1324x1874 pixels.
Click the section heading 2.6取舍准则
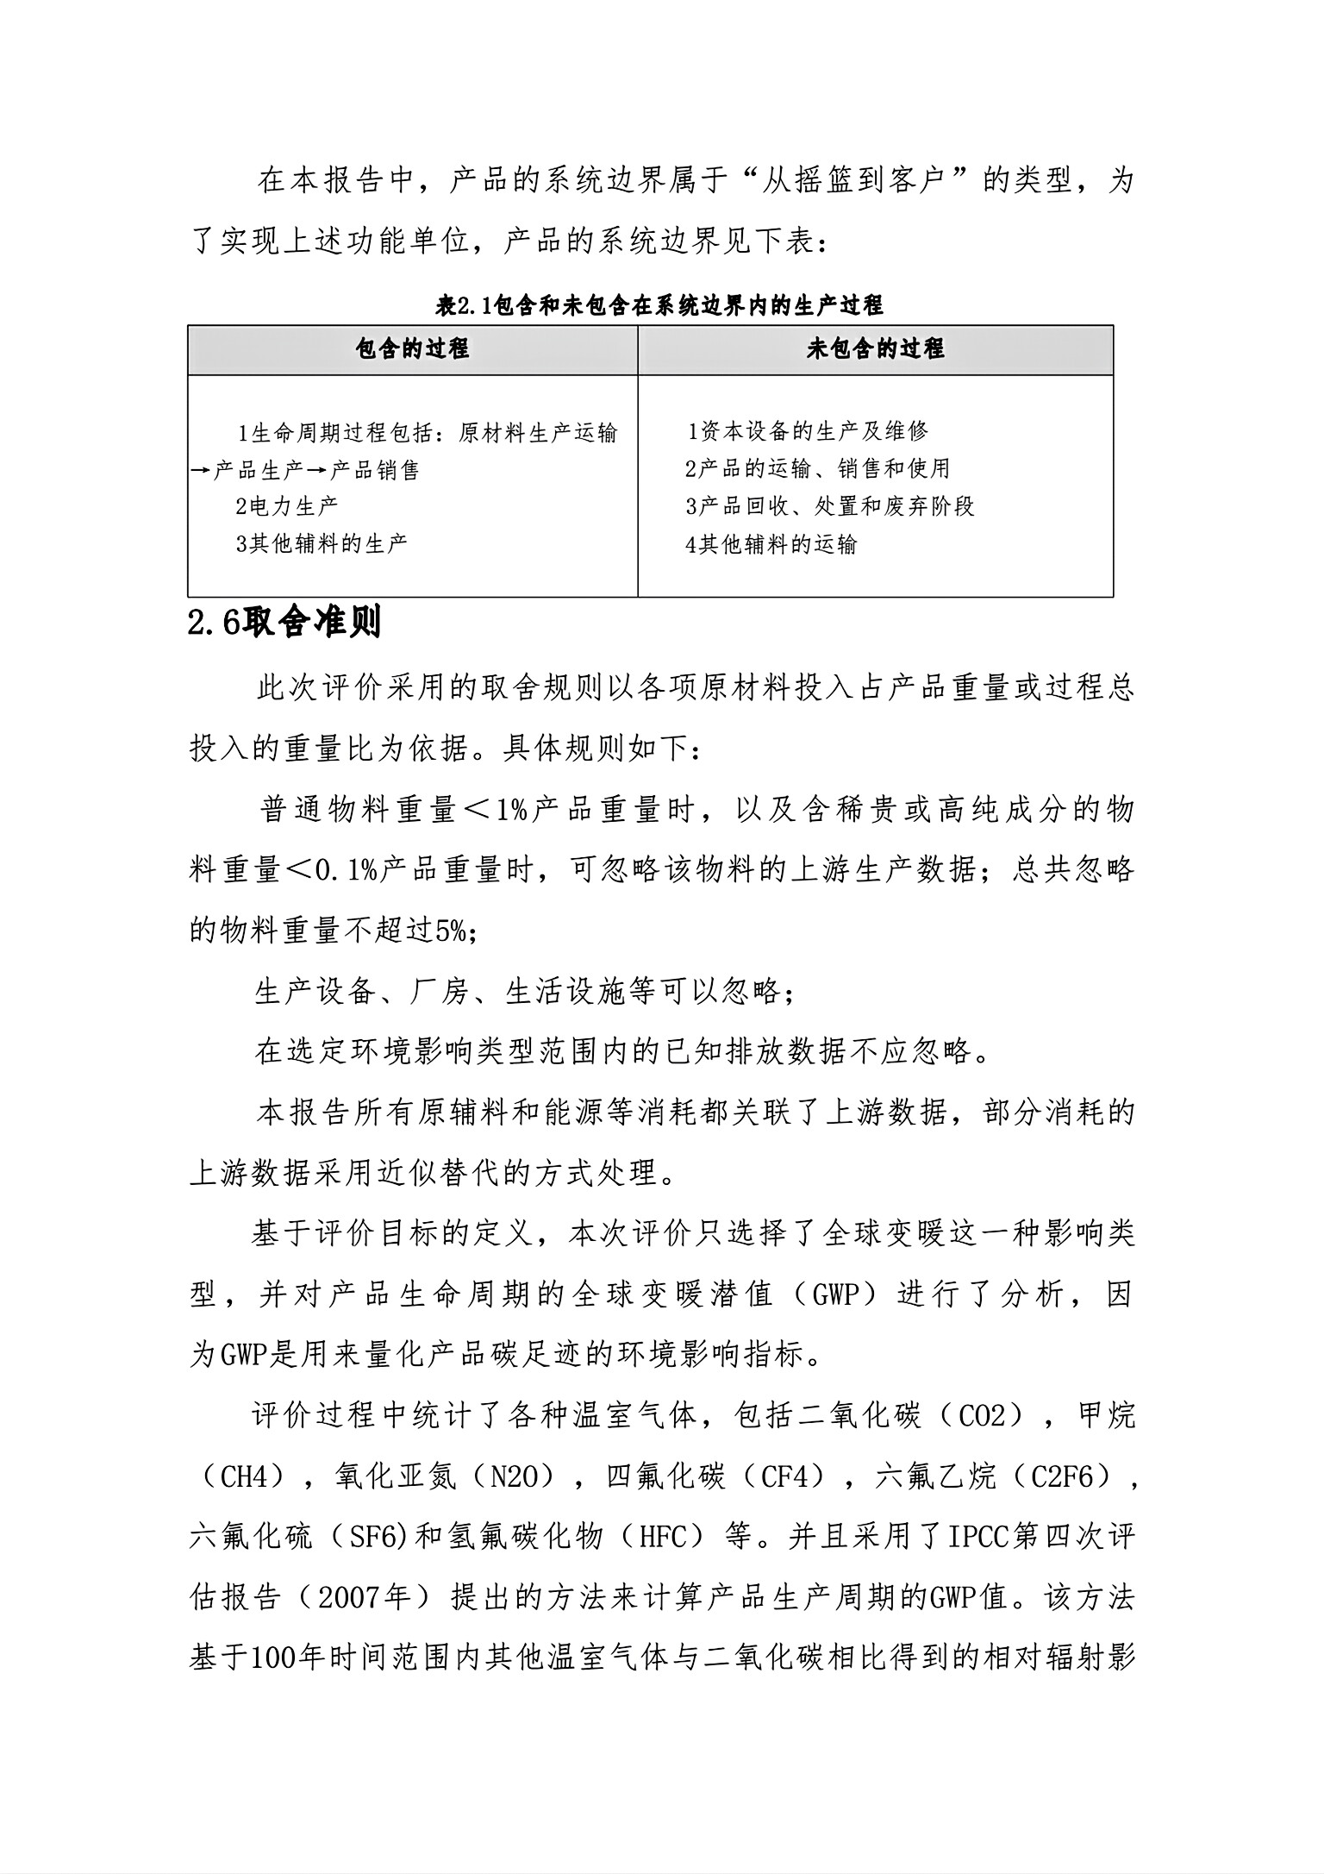284,623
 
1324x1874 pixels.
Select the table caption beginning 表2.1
659,305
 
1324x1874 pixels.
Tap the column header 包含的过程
412,349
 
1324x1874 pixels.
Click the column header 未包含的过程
875,349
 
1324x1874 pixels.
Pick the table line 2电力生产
287,506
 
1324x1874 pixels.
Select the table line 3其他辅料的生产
322,544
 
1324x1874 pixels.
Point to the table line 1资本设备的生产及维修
808,430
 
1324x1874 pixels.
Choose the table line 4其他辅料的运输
771,545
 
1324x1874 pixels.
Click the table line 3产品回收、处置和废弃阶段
830,506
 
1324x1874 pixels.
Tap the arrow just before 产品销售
318,471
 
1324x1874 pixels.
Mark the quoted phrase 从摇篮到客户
862,181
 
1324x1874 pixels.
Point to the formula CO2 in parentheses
983,1416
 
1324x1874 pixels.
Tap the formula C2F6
1063,1476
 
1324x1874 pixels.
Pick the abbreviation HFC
663,1537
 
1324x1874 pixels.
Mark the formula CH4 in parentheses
246,1476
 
